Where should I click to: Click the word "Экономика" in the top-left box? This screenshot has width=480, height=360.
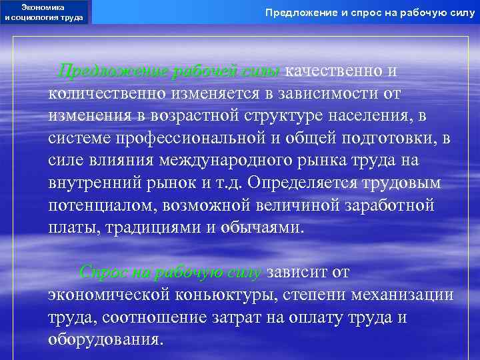coord(44,7)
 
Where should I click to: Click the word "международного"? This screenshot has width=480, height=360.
coord(216,161)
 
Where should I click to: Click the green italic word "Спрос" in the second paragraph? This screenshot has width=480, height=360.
coord(100,273)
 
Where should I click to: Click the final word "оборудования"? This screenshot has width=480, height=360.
coord(105,340)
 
